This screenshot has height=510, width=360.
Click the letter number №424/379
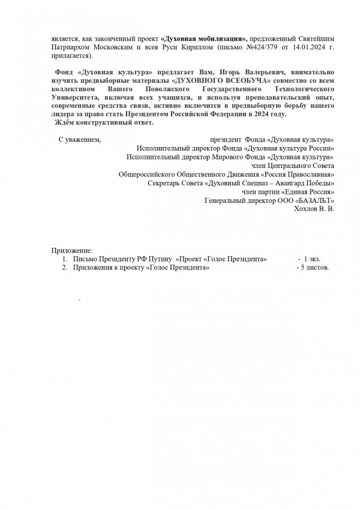click(268, 47)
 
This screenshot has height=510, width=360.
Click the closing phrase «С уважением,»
click(79, 139)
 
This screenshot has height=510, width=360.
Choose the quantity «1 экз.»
click(311, 259)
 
